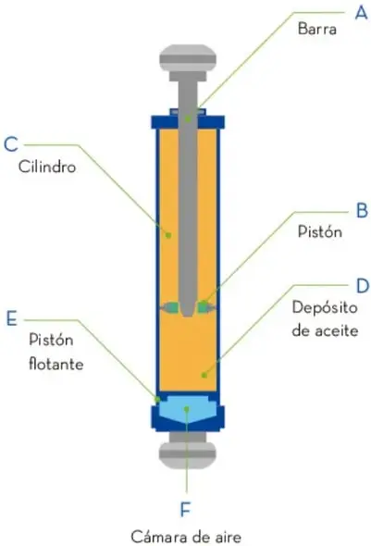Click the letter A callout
(361, 13)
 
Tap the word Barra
(317, 29)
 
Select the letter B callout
(363, 211)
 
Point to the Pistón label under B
(320, 231)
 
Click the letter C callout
(11, 143)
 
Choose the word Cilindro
(47, 167)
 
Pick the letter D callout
(363, 286)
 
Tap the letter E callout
(11, 318)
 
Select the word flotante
(56, 364)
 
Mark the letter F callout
(185, 510)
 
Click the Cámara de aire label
(186, 537)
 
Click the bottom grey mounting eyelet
(188, 451)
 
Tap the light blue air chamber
(188, 409)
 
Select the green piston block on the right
(203, 307)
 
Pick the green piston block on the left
(173, 307)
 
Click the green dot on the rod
(188, 119)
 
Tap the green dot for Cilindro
(168, 235)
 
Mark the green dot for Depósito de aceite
(204, 375)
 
